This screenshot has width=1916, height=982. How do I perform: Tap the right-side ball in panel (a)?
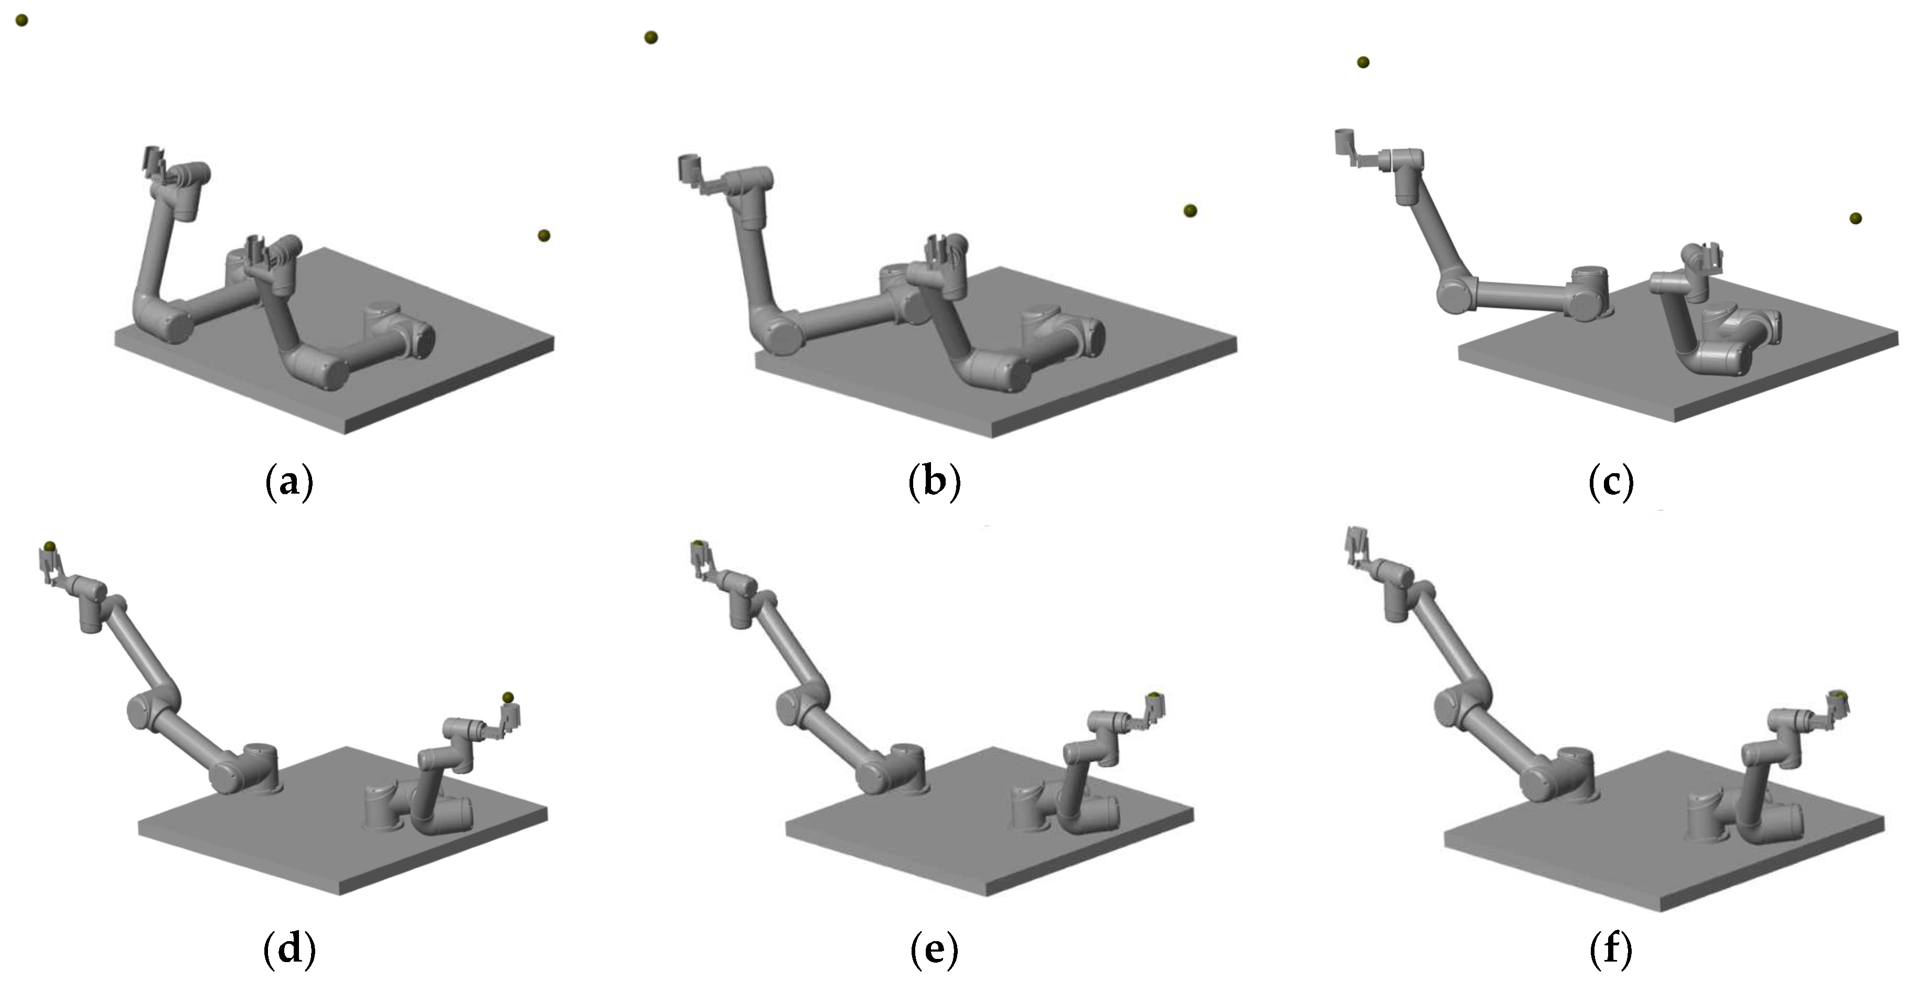click(x=544, y=236)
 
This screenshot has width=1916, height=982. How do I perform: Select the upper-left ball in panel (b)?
click(x=651, y=37)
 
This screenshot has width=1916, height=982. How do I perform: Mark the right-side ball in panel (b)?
click(x=1190, y=211)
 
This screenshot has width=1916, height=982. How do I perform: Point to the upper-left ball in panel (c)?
click(x=1363, y=62)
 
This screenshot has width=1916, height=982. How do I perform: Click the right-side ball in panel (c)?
click(x=1856, y=218)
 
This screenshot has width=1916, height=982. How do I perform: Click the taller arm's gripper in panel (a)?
click(x=155, y=165)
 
